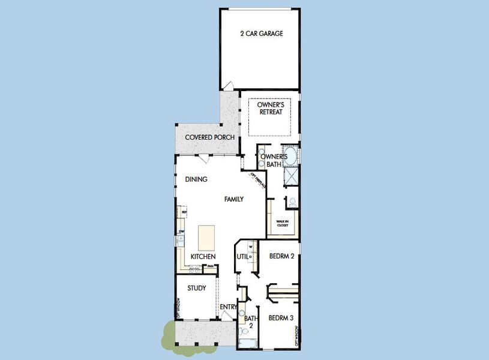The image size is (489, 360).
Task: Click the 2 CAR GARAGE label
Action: coord(261,34)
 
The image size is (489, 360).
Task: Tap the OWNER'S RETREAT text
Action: coord(270,109)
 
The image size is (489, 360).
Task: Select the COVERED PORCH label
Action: coord(209,137)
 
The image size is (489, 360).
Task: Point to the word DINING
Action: coord(196,179)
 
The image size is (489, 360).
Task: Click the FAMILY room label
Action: coord(234,199)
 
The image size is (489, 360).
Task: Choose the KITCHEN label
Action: coord(203,257)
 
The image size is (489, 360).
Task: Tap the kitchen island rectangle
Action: coord(206,238)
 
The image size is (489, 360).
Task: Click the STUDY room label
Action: coord(196,289)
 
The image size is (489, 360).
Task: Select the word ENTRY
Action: coord(228,308)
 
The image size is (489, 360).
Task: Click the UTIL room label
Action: coord(242,257)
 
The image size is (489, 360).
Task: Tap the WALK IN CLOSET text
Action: coord(282,223)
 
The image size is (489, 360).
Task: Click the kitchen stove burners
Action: coord(194,270)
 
